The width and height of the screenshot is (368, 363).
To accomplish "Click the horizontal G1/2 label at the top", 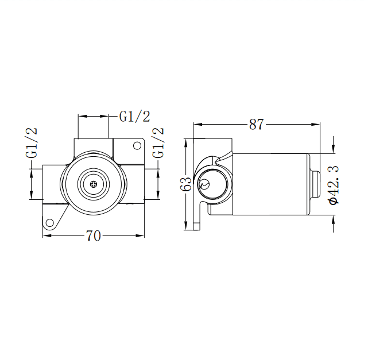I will [134, 116].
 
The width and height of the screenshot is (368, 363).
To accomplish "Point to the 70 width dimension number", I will [94, 235].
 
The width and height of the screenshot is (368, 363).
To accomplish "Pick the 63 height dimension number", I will [185, 184].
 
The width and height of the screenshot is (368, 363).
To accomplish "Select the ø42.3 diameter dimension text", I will [334, 184].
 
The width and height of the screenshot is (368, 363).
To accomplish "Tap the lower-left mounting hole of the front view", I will [50, 223].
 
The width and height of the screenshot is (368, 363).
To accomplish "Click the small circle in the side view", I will [206, 184].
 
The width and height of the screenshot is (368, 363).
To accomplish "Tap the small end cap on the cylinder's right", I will [315, 184].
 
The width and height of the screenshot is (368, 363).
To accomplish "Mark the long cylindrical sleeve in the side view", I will [267, 184].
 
